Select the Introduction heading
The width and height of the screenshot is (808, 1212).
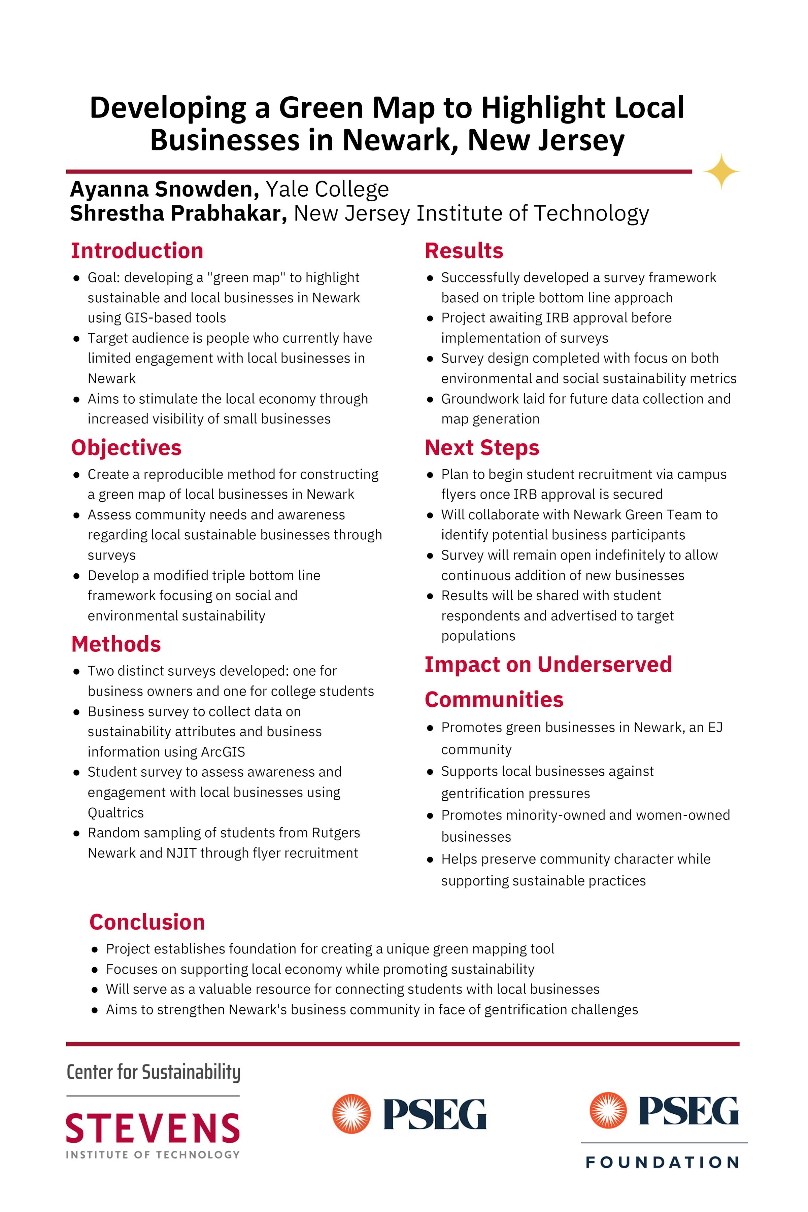pyautogui.click(x=137, y=251)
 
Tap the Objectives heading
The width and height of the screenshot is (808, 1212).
pyautogui.click(x=126, y=448)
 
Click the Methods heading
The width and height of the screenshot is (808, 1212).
pyautogui.click(x=116, y=644)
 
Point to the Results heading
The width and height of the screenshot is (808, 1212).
pyautogui.click(x=464, y=251)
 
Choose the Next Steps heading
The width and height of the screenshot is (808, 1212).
pyautogui.click(x=482, y=448)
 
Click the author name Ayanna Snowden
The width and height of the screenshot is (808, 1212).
pyautogui.click(x=164, y=190)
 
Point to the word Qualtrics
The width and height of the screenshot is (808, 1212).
pyautogui.click(x=115, y=813)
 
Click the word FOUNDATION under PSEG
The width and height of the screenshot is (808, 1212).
pyautogui.click(x=663, y=1163)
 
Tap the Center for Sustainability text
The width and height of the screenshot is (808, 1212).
pyautogui.click(x=154, y=1072)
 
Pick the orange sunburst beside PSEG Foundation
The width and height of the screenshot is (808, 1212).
pyautogui.click(x=608, y=1110)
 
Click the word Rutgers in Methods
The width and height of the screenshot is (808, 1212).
pyautogui.click(x=335, y=833)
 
